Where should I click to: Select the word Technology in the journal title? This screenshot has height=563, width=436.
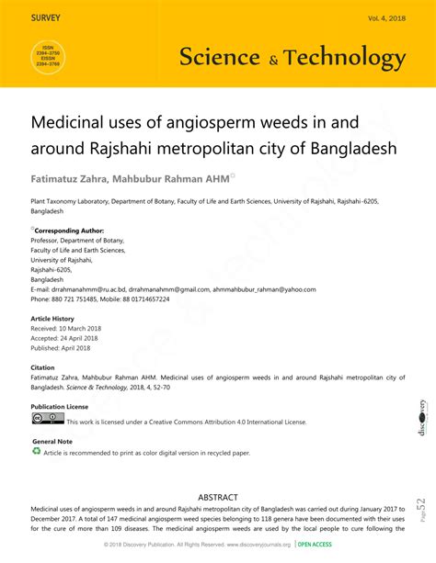tap(345, 58)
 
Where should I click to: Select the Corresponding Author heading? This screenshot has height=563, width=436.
tap(69, 231)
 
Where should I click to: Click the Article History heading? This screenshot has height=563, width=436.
tap(52, 319)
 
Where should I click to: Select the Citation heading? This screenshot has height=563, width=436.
tap(43, 367)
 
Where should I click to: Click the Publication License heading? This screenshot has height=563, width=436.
tap(60, 406)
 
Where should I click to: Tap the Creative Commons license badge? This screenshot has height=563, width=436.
tap(48, 419)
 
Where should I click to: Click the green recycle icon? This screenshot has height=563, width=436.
tap(37, 452)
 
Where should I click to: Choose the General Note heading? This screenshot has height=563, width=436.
tap(52, 442)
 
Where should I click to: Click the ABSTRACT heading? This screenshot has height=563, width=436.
tap(218, 497)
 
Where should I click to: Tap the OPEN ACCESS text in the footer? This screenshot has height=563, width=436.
tap(316, 545)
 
